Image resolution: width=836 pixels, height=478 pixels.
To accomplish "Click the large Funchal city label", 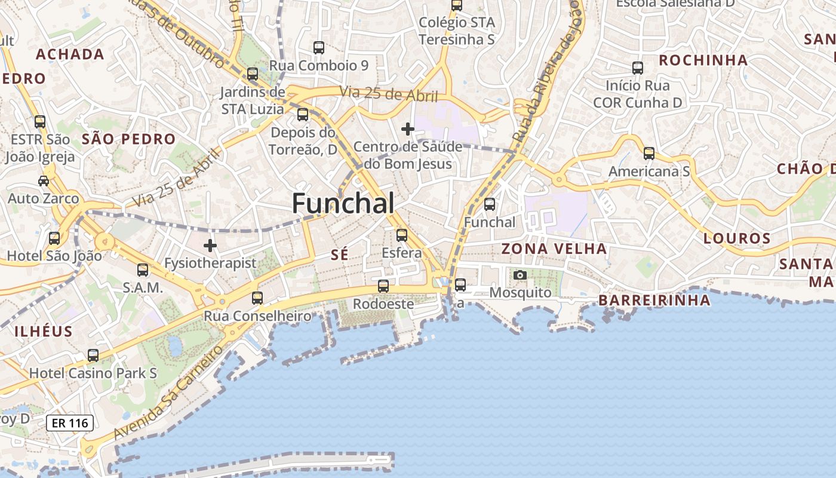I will (x=343, y=204).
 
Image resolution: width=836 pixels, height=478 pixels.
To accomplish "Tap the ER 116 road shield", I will (x=70, y=423).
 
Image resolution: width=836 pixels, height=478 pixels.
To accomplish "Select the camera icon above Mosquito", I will (x=520, y=275).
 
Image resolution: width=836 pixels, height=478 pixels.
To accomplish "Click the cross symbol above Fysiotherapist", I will (x=210, y=245).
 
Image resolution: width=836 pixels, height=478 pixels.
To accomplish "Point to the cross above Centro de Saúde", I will (x=408, y=129).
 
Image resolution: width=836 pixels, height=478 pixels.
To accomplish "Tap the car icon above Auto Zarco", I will (x=44, y=180).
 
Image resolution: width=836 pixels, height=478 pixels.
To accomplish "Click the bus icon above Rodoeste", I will (x=383, y=286).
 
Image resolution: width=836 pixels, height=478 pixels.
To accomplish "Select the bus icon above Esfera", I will (x=402, y=235).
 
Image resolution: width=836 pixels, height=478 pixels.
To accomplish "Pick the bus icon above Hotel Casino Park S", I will (x=93, y=356).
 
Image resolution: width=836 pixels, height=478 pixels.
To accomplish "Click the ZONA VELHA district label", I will (x=554, y=249).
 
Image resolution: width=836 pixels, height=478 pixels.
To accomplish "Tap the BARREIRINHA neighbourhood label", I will (x=654, y=300).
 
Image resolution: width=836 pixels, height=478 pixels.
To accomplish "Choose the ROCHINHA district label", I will (x=703, y=60).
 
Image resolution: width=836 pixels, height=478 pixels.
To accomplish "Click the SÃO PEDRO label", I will (x=128, y=140).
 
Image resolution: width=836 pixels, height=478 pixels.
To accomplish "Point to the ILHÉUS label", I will (x=43, y=332).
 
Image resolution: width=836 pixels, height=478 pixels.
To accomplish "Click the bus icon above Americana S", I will (x=649, y=154).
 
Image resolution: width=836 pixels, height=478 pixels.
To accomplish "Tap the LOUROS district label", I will (x=737, y=238).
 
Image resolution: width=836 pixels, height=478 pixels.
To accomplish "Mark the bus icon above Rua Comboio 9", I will (x=319, y=48).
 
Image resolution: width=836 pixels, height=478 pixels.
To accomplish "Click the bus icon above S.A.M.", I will (x=142, y=270).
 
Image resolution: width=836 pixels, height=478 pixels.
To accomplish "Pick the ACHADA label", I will (x=70, y=54).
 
